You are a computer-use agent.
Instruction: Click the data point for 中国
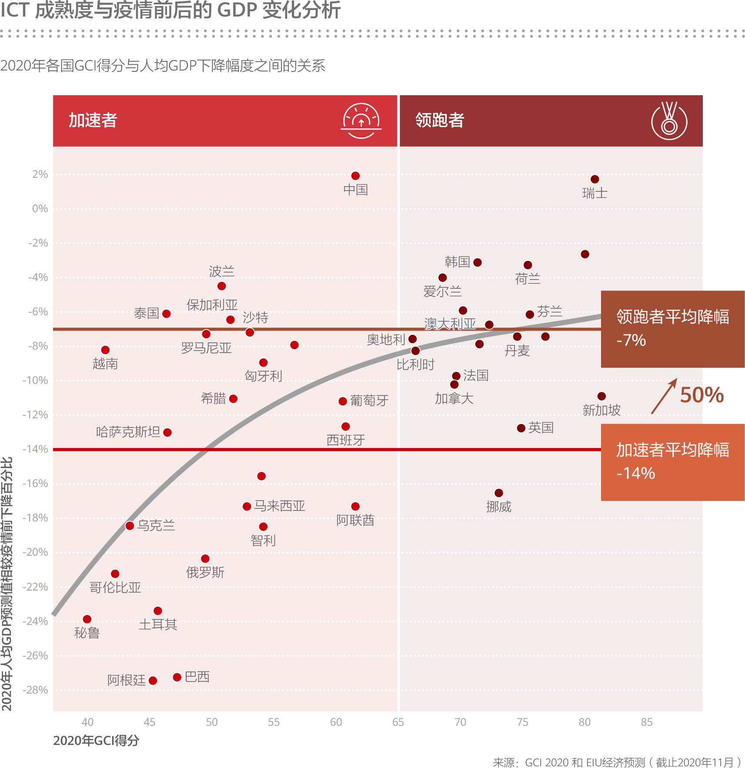pos(355,176)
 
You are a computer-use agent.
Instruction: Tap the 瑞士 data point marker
pos(595,179)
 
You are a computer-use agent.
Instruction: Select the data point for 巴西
pos(177,677)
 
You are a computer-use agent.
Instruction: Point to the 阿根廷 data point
pos(153,680)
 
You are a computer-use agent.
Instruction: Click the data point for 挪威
pos(499,493)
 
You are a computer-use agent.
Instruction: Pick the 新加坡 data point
pos(601,396)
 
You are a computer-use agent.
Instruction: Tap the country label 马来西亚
pos(280,506)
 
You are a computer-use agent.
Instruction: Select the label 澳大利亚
pos(450,323)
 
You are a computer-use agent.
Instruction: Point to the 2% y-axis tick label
pos(40,174)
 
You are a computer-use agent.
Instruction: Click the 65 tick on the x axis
pos(398,722)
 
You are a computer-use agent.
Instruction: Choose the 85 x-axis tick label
pos(646,722)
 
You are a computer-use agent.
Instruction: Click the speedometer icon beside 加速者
pos(361,120)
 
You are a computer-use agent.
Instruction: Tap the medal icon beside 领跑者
pos(669,121)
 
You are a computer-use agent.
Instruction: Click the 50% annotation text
pos(702,395)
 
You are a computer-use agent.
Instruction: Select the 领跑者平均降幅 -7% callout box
pos(672,329)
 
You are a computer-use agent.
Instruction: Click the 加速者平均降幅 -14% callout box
pos(672,462)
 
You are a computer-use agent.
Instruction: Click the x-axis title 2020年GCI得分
pos(96,740)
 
